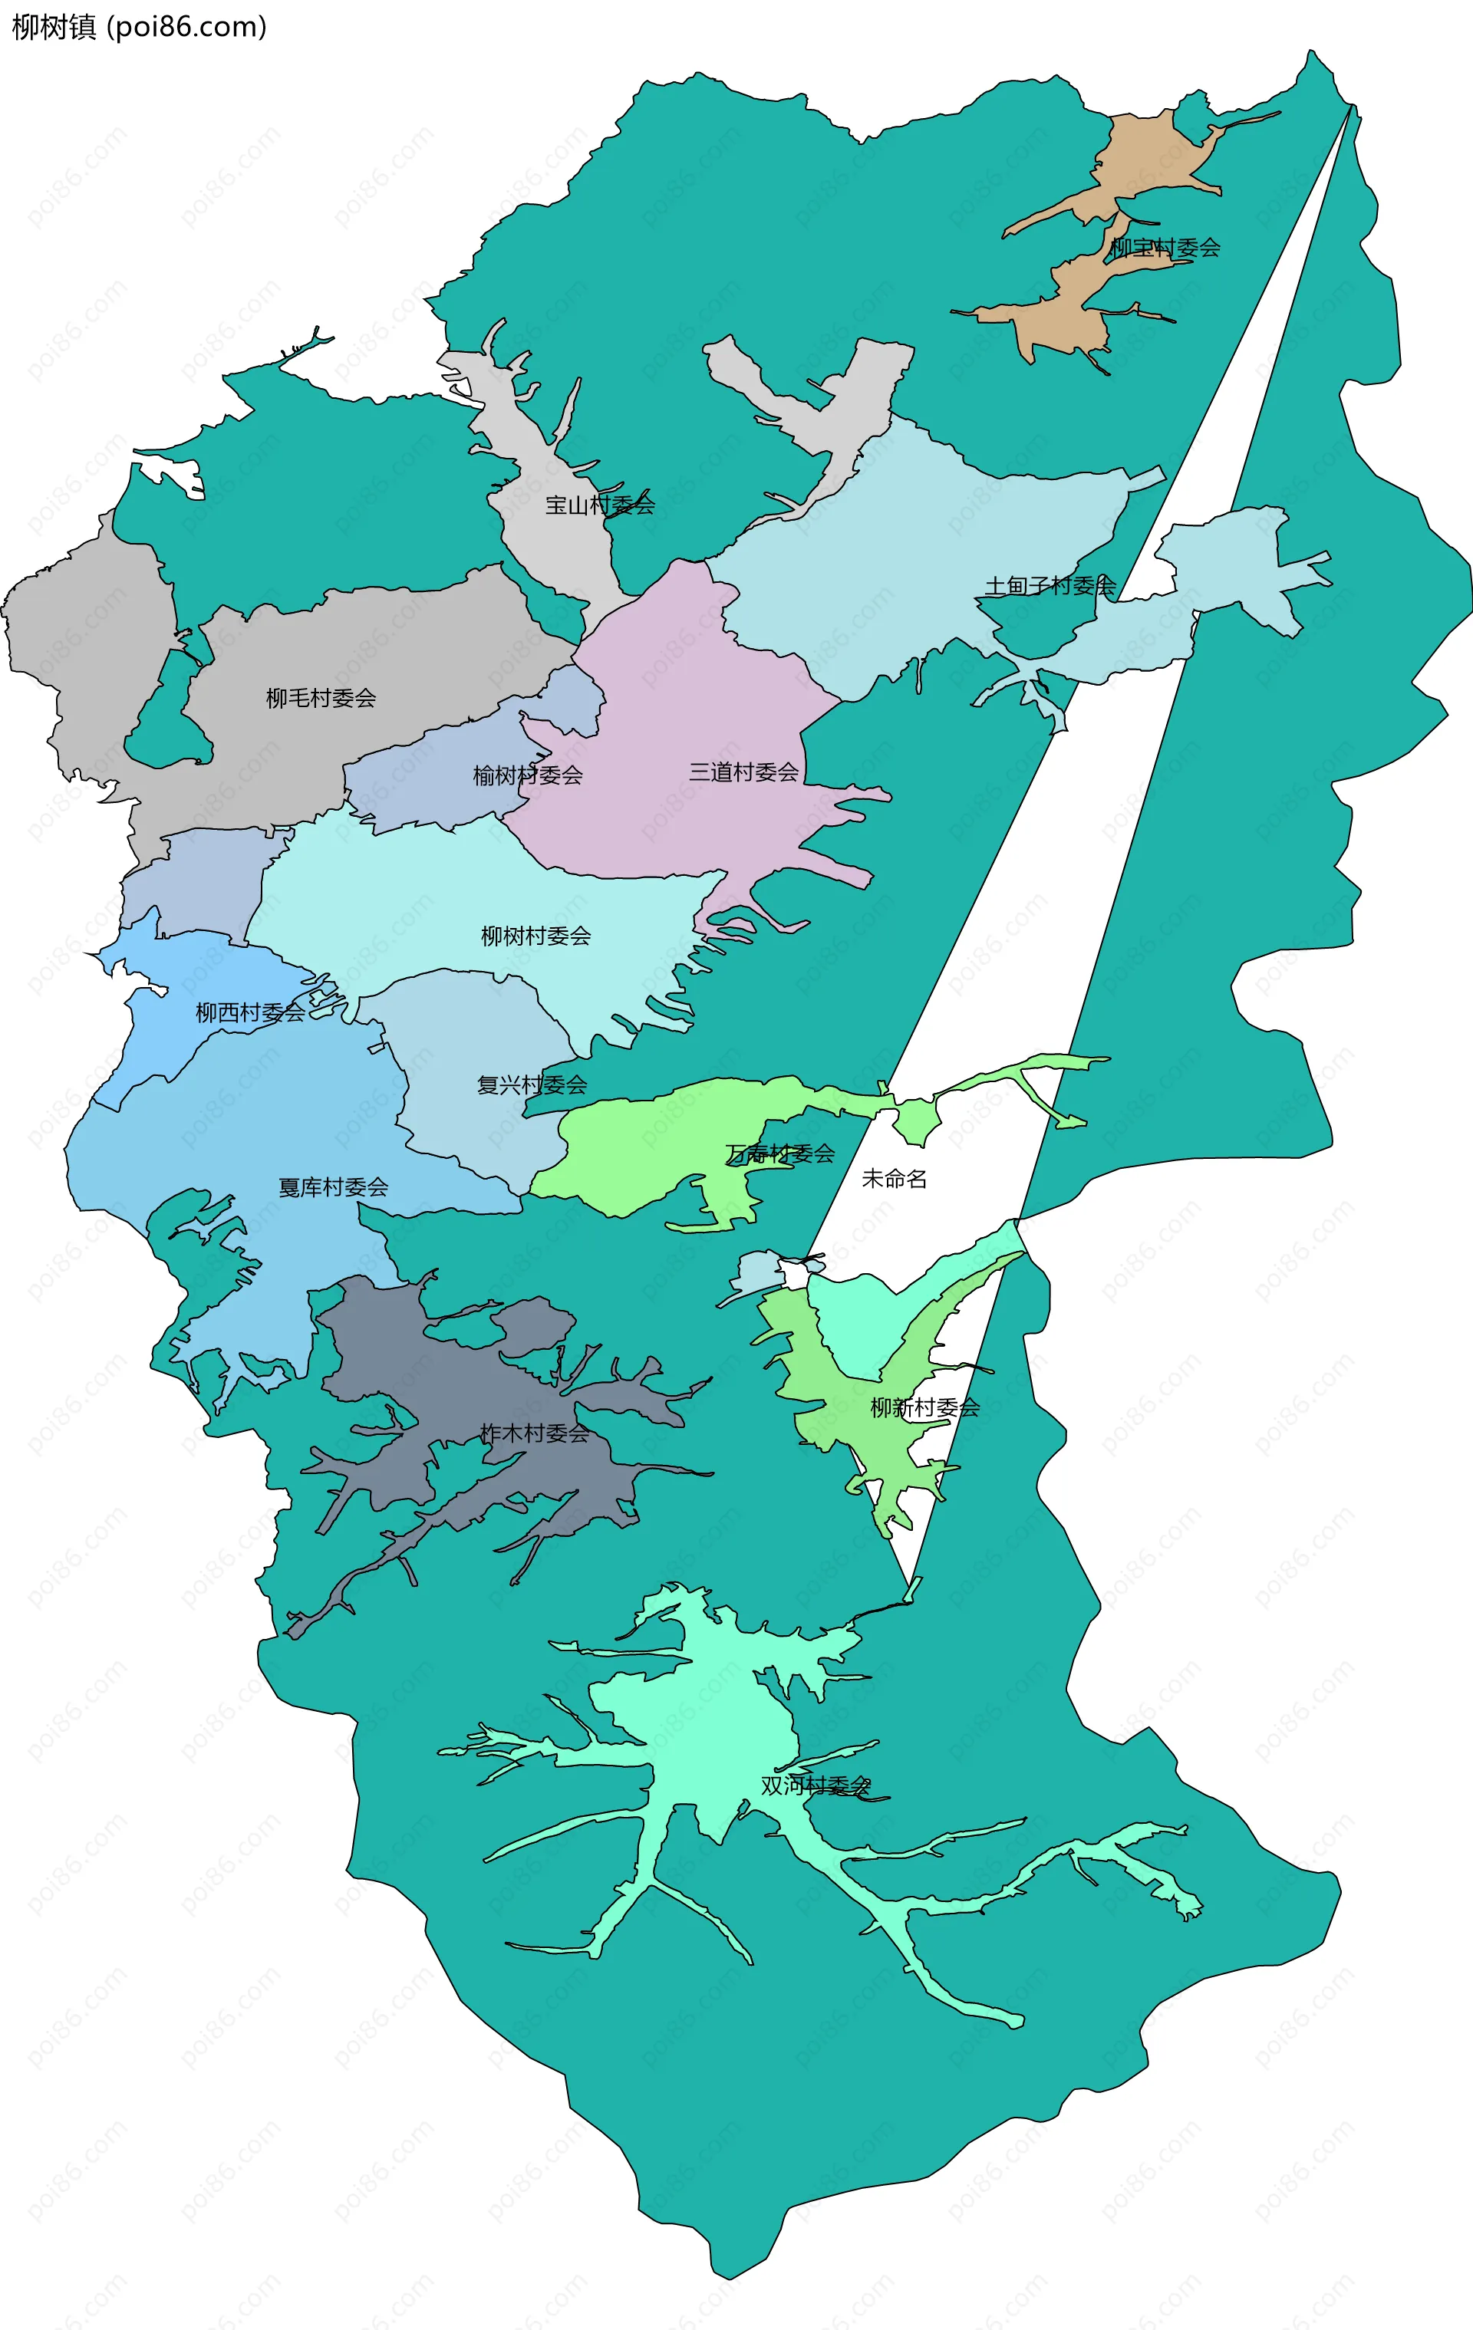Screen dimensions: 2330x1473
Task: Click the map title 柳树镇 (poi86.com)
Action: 138,26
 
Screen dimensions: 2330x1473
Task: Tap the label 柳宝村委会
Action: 1165,248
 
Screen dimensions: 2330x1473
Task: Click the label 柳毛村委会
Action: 321,698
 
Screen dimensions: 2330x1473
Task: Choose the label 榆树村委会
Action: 528,775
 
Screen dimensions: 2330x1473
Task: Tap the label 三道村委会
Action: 743,772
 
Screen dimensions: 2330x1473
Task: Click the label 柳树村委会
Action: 535,936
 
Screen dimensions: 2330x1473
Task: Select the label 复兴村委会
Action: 532,1084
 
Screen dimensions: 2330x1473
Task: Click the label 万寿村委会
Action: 780,1153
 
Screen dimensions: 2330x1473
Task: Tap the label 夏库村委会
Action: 333,1187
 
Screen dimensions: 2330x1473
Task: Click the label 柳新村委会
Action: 924,1408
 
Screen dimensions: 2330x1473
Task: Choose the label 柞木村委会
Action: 534,1433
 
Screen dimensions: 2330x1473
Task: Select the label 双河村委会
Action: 815,1785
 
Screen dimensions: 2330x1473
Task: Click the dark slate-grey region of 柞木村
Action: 407,1354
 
